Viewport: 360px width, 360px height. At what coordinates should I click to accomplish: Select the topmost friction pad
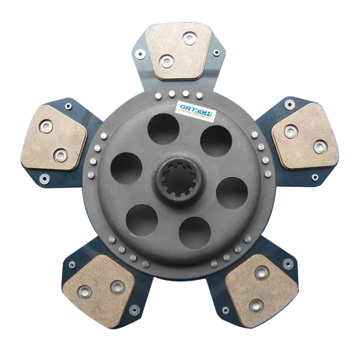coord(179,52)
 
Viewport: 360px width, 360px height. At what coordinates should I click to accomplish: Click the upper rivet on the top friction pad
coord(189,38)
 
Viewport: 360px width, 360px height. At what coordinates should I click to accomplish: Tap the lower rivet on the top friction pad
coord(167,60)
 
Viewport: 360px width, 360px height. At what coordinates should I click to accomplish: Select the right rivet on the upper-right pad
coord(319,146)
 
